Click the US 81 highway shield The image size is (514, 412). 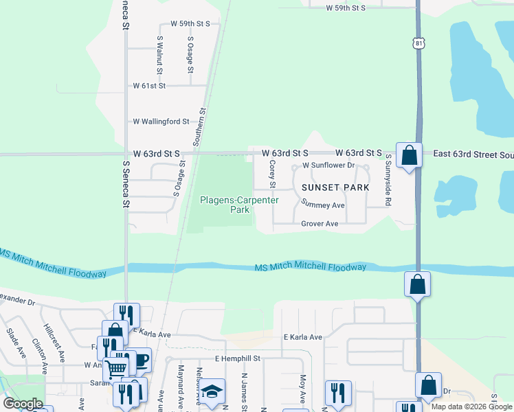419,43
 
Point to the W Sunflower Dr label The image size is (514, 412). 328,165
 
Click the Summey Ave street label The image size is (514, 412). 323,205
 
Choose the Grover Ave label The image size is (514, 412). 320,224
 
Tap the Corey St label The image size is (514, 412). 272,174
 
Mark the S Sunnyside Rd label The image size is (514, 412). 388,180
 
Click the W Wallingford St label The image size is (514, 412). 161,122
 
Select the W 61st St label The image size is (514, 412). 149,86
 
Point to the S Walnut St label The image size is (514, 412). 159,55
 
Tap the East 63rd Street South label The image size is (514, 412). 473,154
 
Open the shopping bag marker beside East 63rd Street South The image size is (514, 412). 409,155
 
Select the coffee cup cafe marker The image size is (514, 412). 139,360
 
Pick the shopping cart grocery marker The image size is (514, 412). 117,367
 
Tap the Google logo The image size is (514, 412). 23,404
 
